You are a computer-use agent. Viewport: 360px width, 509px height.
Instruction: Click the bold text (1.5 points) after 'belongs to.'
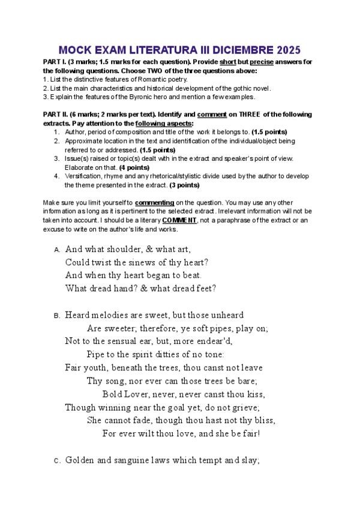tap(269, 132)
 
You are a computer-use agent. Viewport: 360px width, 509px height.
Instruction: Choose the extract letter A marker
tap(56, 250)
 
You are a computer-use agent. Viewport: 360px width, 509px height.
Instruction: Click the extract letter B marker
tap(56, 316)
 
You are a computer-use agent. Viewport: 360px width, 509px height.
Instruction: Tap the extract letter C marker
tap(56, 461)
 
